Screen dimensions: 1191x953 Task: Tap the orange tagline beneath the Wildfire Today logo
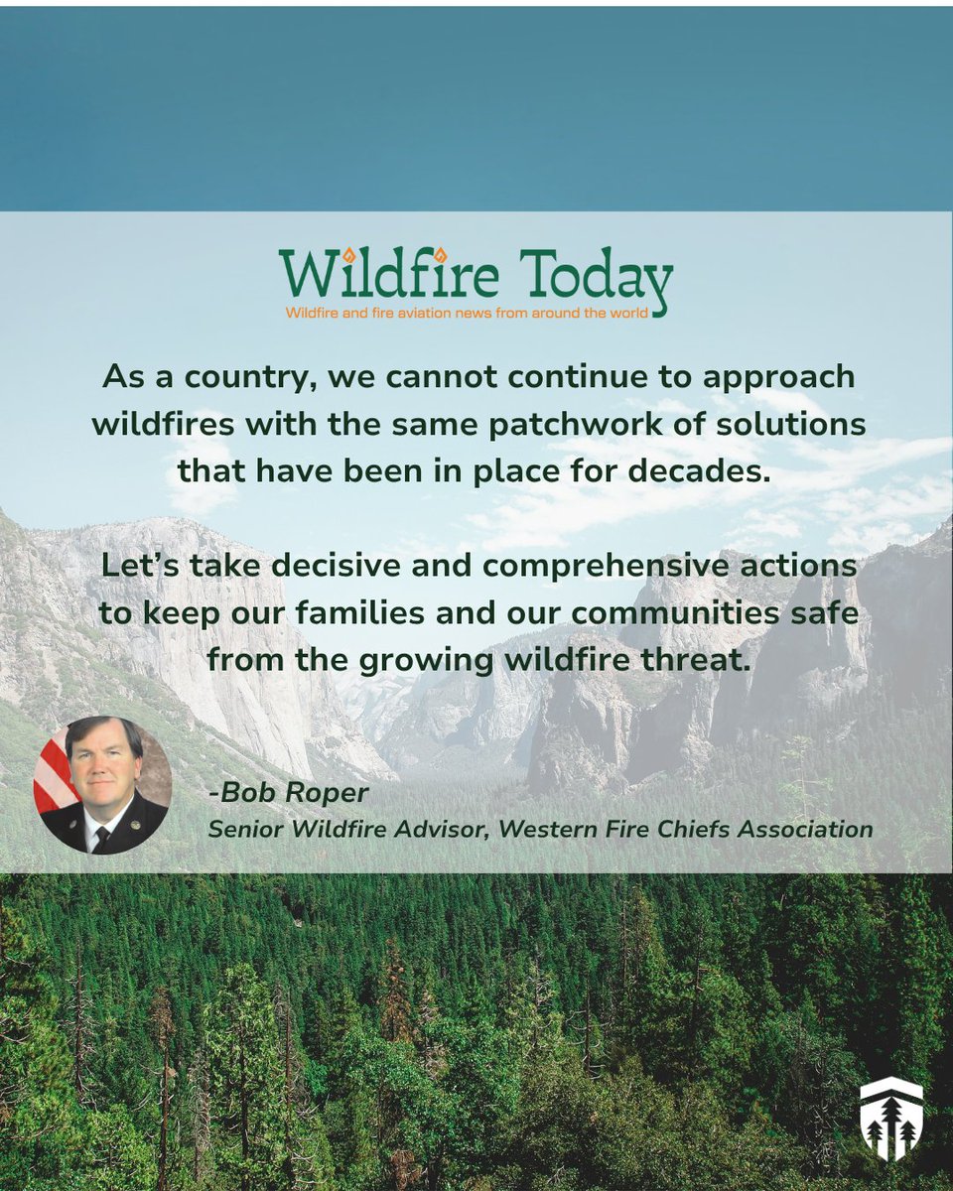[x=467, y=313]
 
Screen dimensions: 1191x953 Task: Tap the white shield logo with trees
[x=890, y=1119]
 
